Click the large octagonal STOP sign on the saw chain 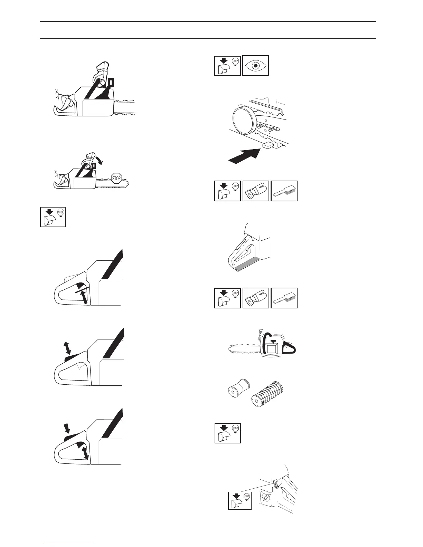coord(116,179)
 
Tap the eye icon coord(255,66)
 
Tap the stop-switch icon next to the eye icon coord(227,66)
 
